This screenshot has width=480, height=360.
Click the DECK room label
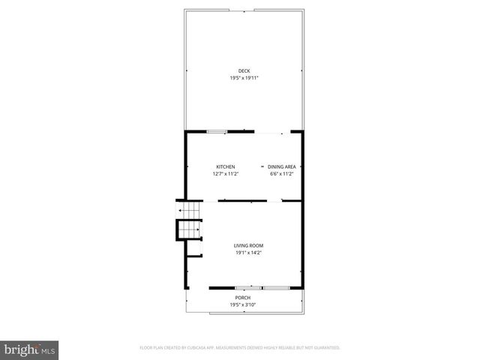tap(244, 71)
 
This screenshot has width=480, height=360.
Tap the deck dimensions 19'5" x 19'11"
tap(244, 78)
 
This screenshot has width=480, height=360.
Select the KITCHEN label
tap(226, 166)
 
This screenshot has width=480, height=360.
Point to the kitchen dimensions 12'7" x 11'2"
tap(226, 174)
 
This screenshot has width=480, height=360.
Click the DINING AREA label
tap(282, 166)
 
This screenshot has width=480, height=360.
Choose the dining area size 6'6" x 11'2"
tap(282, 174)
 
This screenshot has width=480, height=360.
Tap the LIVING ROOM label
tap(248, 245)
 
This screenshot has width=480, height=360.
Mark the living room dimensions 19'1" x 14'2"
tap(248, 253)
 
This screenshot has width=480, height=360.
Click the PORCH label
tap(243, 298)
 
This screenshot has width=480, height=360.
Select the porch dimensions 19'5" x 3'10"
tap(243, 304)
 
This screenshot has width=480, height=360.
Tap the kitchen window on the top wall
tap(217, 132)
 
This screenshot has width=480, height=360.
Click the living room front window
tap(260, 287)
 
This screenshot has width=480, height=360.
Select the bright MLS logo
tap(30, 349)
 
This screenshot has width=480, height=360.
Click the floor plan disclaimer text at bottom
tap(240, 347)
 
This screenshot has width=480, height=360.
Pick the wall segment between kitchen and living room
tap(241, 200)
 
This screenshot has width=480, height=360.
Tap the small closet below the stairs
tap(193, 248)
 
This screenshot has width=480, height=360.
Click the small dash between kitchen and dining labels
tap(262, 166)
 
